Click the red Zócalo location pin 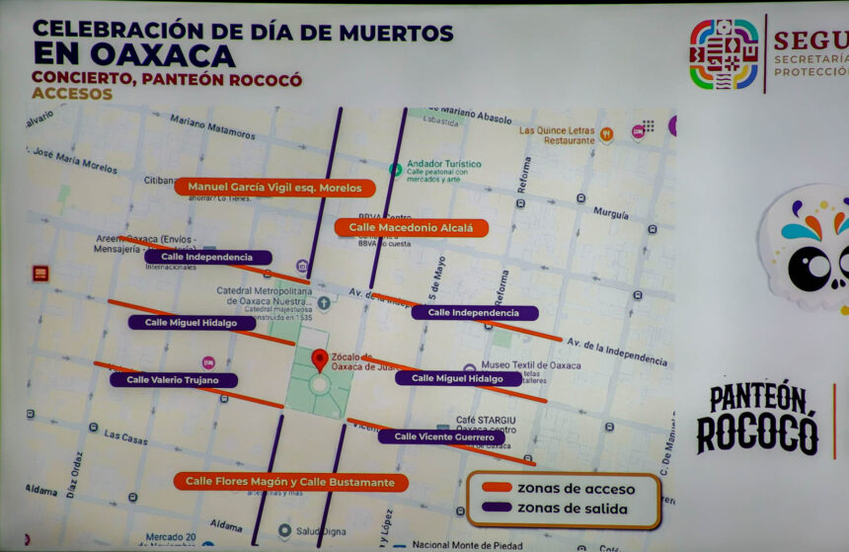(x=319, y=359)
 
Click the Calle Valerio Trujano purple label (x=174, y=379)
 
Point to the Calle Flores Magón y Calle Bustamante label (x=291, y=482)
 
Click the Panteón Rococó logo (x=757, y=418)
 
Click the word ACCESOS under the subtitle (x=72, y=95)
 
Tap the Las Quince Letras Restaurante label (x=557, y=135)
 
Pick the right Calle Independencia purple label (x=475, y=313)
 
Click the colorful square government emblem (x=724, y=55)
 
